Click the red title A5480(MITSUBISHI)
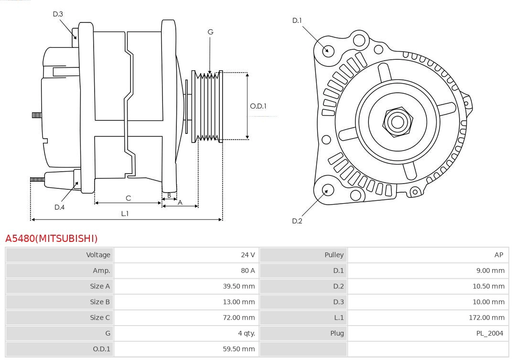[51, 238]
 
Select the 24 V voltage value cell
[247, 255]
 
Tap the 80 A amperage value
[247, 271]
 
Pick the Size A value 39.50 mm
[239, 286]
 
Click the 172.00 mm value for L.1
[486, 317]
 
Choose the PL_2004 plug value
[489, 333]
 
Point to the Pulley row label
[334, 255]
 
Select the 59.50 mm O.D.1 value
[239, 349]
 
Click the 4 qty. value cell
[246, 333]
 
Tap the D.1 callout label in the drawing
[297, 20]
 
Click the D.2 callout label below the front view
[297, 221]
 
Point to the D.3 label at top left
[58, 14]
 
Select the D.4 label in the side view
[59, 207]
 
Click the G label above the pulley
[210, 32]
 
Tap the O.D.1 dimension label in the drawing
[258, 106]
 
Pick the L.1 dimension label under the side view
[125, 214]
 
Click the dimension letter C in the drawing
[128, 198]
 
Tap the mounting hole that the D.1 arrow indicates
[328, 50]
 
